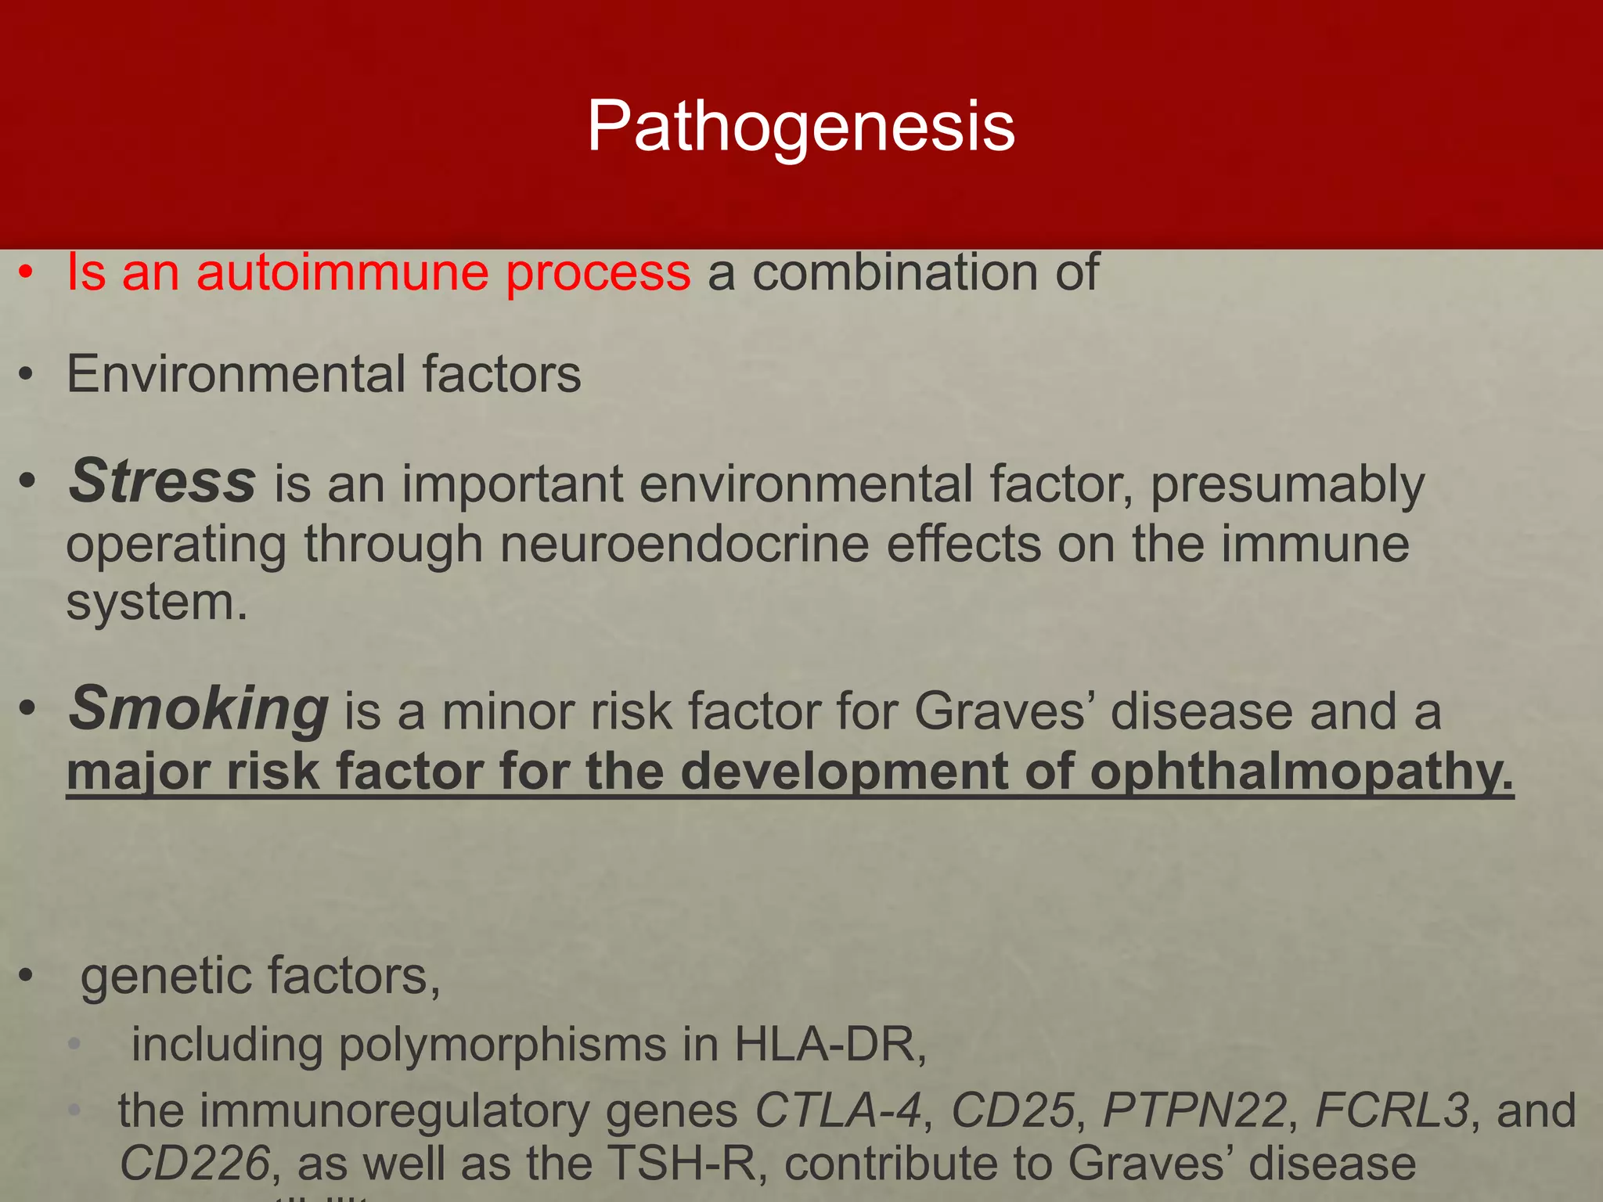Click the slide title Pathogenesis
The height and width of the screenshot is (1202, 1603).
[x=801, y=127]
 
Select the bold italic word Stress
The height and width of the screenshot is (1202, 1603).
[x=162, y=481]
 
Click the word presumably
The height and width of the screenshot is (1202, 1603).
[x=1287, y=486]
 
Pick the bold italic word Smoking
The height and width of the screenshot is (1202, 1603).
[x=199, y=709]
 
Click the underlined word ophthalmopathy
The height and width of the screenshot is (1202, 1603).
[x=1301, y=772]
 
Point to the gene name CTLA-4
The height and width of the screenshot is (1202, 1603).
[x=838, y=1111]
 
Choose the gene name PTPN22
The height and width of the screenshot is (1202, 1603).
[x=1194, y=1111]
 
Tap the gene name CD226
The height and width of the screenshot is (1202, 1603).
[x=195, y=1164]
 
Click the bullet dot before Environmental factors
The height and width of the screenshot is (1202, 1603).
[x=27, y=376]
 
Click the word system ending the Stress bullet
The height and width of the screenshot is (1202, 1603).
[x=156, y=603]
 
